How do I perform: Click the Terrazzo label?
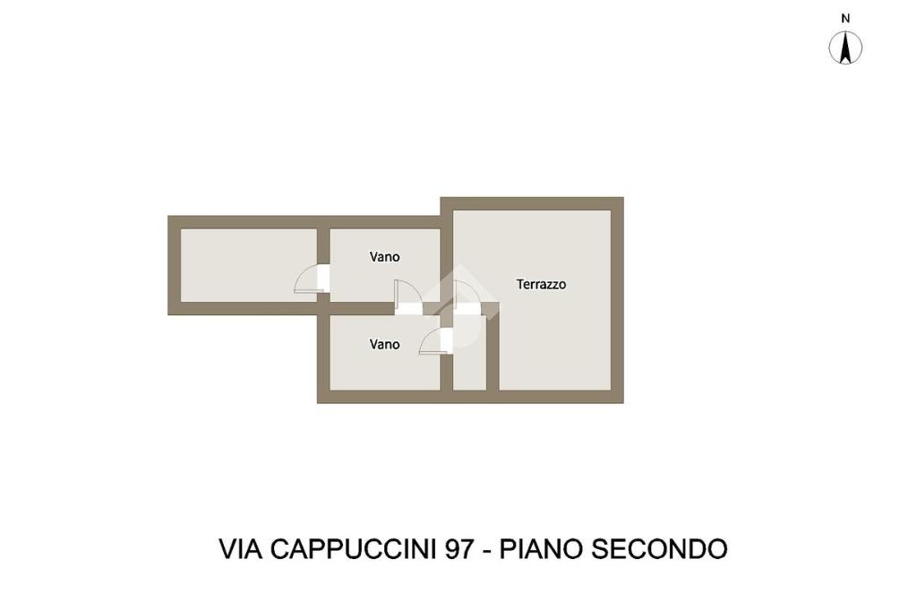point(541,284)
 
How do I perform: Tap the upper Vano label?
point(385,256)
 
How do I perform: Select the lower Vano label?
point(385,344)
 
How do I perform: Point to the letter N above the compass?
point(844,18)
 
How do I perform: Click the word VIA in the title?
point(240,548)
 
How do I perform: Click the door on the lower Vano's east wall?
point(434,341)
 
